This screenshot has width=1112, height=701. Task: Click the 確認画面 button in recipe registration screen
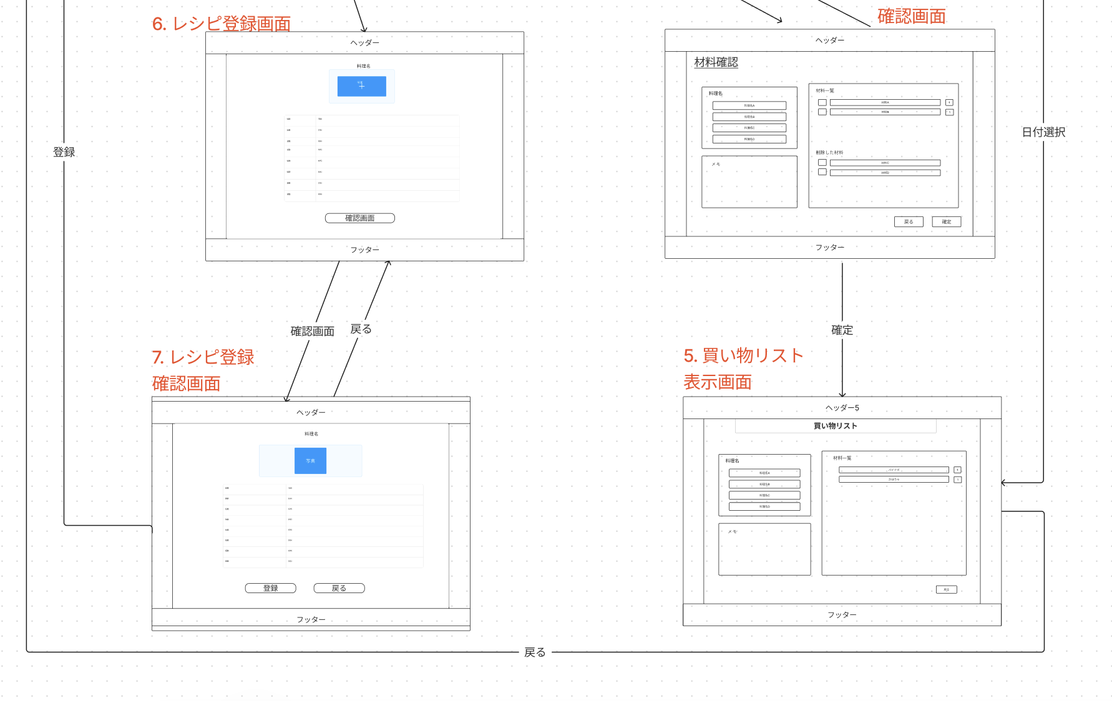click(x=359, y=218)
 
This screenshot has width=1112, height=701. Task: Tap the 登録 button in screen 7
click(x=270, y=588)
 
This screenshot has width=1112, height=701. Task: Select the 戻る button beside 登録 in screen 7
click(x=339, y=588)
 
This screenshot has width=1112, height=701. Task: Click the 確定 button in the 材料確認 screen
click(x=946, y=222)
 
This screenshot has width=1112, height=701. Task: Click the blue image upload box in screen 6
click(x=361, y=86)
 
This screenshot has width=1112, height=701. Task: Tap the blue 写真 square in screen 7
click(x=310, y=461)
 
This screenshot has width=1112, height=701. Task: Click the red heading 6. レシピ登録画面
click(x=222, y=24)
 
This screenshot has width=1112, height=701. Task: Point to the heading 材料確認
click(x=716, y=62)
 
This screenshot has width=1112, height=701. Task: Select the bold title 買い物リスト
click(x=835, y=426)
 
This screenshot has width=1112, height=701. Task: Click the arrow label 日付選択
click(x=1043, y=132)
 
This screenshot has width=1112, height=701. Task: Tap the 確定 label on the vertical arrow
click(x=842, y=330)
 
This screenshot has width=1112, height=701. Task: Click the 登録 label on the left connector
click(x=64, y=152)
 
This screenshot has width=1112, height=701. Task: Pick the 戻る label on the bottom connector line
click(x=535, y=652)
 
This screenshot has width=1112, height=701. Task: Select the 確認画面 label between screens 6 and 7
click(x=312, y=331)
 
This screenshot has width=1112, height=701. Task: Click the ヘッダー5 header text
click(x=842, y=408)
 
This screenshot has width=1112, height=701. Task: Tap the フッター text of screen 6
click(x=364, y=249)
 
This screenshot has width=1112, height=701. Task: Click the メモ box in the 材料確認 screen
click(x=749, y=181)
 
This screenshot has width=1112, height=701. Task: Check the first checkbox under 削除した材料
click(x=822, y=162)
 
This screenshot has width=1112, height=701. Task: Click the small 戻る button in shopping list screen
click(x=946, y=589)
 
